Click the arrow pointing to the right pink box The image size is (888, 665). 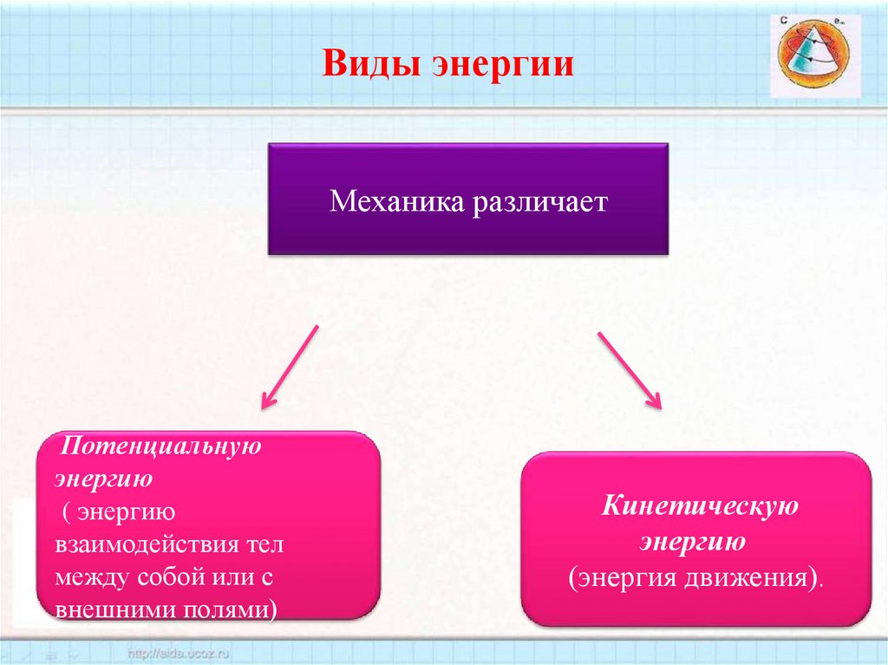[630, 368]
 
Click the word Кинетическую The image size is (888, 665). [700, 506]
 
